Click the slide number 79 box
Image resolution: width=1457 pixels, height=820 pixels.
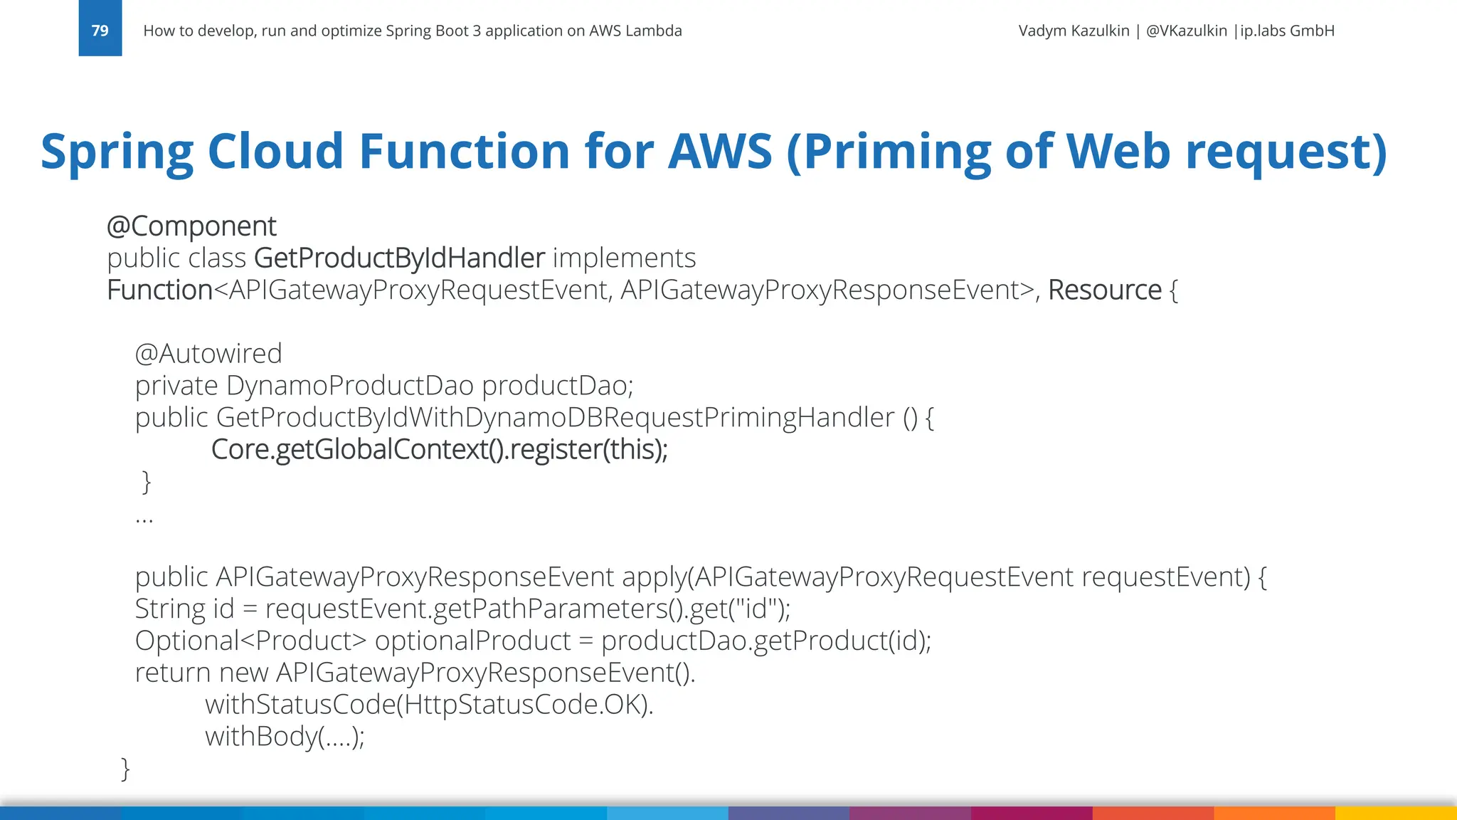[x=100, y=30]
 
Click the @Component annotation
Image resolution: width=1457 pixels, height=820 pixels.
[x=191, y=226]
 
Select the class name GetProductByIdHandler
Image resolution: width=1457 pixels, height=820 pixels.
[x=399, y=258]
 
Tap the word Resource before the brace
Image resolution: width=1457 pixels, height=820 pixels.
[x=1104, y=290]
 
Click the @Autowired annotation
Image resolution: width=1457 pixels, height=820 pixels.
[x=208, y=354]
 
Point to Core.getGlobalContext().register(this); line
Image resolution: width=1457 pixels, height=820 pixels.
[x=439, y=450]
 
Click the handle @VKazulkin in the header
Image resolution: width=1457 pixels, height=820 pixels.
[x=1186, y=31]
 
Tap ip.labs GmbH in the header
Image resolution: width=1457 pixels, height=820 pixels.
[x=1287, y=31]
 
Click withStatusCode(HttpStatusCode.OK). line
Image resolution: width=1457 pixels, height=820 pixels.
[x=429, y=705]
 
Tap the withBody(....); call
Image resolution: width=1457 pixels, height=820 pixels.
[x=285, y=737]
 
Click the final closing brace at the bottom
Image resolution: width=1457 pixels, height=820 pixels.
[x=126, y=769]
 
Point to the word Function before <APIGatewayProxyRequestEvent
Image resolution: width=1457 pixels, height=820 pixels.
[x=159, y=290]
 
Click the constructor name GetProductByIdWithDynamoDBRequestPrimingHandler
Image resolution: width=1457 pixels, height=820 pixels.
[x=555, y=418]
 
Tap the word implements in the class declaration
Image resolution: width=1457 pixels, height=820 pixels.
[x=624, y=258]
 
